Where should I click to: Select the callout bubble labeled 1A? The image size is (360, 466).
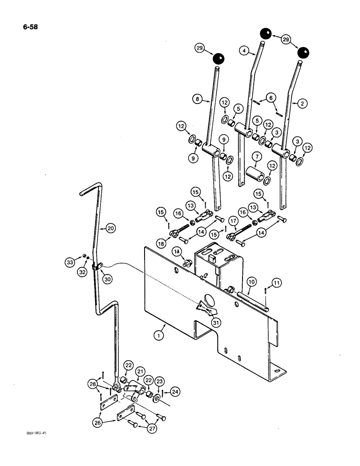(x=176, y=252)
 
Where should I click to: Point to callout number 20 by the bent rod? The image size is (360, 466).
(x=110, y=228)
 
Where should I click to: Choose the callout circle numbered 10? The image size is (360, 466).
(x=251, y=282)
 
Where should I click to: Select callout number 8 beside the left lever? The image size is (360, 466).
(x=199, y=99)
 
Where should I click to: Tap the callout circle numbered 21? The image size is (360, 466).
(x=140, y=370)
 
